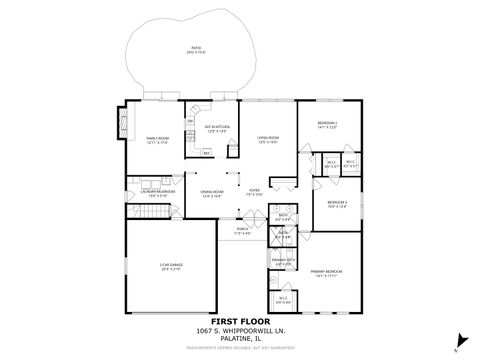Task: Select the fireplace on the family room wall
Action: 123,126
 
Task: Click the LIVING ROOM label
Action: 267,139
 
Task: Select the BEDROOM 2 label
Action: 330,124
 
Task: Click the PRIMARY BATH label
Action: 283,258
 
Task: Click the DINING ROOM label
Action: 211,193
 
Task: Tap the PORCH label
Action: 243,230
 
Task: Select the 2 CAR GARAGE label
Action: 170,266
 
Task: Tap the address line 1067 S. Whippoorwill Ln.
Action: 241,330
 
